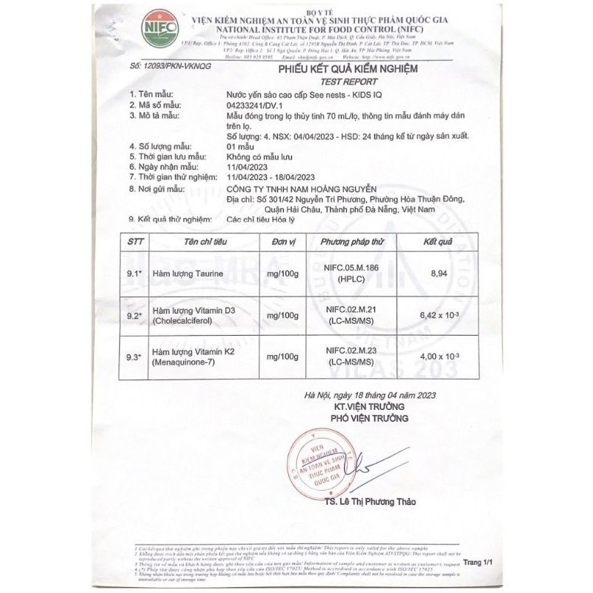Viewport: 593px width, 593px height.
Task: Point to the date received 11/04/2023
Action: coord(248,168)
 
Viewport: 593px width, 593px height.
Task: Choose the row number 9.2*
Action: coord(133,314)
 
